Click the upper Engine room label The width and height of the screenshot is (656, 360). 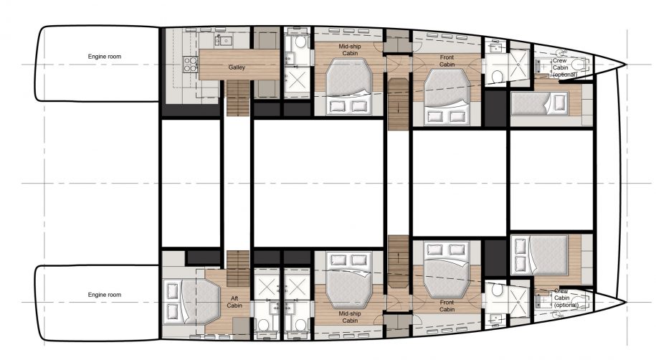(105, 56)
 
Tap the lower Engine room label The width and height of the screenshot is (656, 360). (105, 295)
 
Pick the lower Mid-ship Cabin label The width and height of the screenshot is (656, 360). (349, 317)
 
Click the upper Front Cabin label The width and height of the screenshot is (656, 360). (447, 61)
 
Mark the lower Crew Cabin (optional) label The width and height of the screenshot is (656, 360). (565, 298)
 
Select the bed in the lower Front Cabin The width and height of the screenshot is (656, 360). (446, 265)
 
